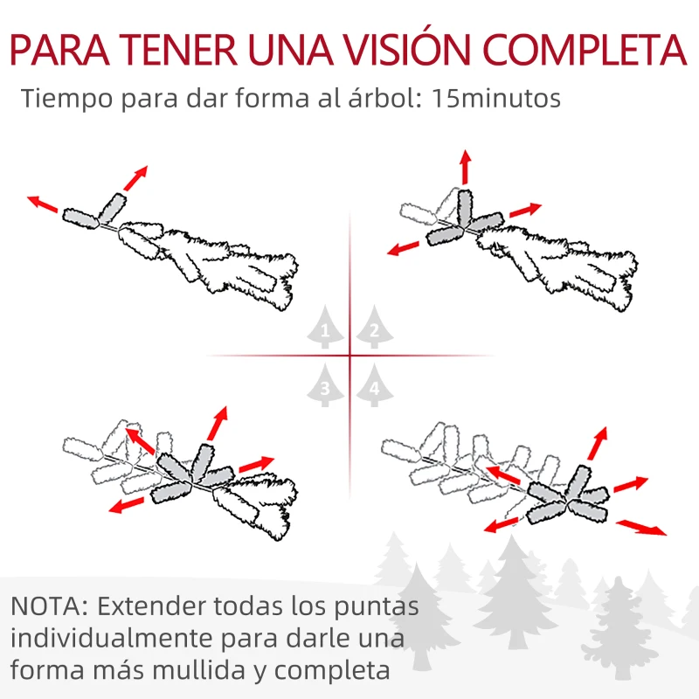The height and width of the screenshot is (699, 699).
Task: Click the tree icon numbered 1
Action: tap(325, 329)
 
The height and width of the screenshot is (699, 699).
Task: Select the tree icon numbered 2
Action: tap(374, 329)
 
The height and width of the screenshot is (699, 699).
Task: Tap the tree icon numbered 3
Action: tap(325, 385)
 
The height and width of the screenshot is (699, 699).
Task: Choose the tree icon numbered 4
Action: tap(374, 386)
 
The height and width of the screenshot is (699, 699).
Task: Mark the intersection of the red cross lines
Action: tap(349, 356)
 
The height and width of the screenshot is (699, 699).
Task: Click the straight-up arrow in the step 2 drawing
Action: tap(465, 167)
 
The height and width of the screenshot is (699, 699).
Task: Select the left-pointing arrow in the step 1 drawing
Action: tap(43, 204)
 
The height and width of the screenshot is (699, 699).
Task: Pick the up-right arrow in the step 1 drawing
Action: tap(135, 177)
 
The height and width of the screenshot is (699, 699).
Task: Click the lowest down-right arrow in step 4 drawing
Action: tap(642, 528)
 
